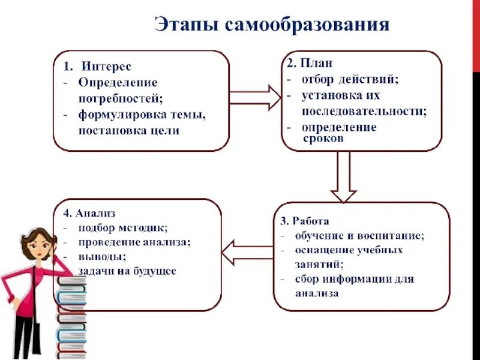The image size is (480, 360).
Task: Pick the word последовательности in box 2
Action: [364, 111]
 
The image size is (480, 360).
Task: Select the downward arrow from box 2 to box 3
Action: [344, 176]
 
